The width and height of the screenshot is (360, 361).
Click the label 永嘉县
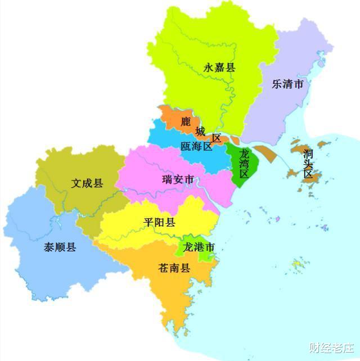pos(219,68)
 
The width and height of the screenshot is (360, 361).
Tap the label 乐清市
pos(287,85)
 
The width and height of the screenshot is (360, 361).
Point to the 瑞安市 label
pos(178,179)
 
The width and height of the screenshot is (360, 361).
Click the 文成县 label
pos(87,183)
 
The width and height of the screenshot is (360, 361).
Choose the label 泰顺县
pos(60,247)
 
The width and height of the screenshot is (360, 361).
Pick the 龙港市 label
pos(199,247)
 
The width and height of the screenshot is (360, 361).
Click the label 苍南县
pos(174,268)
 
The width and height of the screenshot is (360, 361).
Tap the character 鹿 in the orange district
pos(186,121)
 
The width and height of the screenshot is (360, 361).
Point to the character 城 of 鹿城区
pos(200,131)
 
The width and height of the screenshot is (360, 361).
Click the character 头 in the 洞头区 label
pos(308,164)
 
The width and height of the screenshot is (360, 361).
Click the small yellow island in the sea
pos(297,264)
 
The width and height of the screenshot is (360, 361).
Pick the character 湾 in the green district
pos(244,164)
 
